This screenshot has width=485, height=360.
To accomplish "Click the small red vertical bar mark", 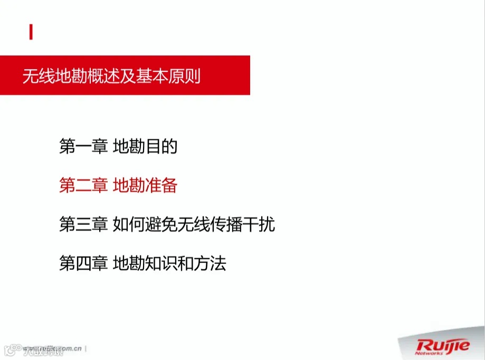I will (31, 33).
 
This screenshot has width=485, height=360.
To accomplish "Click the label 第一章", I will (83, 147).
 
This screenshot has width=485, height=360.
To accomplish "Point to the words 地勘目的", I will (145, 147).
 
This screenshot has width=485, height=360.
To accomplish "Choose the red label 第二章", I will (83, 186).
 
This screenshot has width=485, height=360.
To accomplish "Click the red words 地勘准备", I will (145, 186).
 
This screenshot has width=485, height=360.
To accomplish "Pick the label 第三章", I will (83, 225).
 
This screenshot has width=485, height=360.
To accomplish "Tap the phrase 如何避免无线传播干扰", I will (194, 225).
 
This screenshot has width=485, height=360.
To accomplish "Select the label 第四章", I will (83, 263).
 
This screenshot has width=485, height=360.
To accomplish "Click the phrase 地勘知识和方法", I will (169, 263).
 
